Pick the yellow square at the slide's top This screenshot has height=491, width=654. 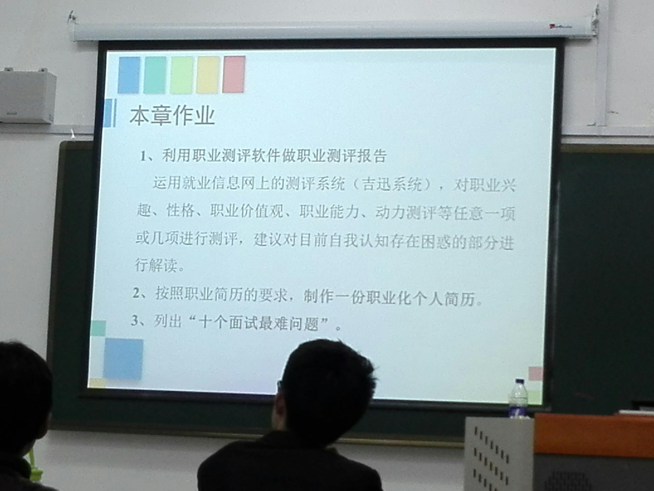pyautogui.click(x=208, y=75)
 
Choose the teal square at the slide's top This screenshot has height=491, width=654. pyautogui.click(x=155, y=75)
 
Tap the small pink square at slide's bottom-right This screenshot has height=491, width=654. pyautogui.click(x=535, y=373)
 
